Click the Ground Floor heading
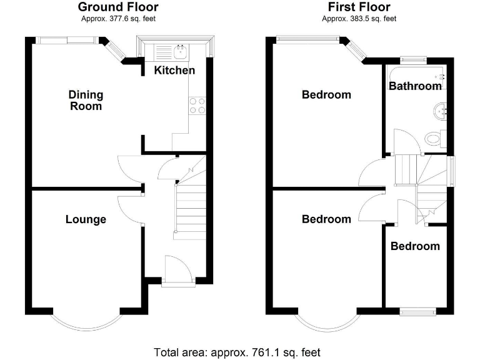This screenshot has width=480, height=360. pyautogui.click(x=117, y=7)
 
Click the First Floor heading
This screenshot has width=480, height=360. pyautogui.click(x=359, y=7)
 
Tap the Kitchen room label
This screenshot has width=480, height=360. pyautogui.click(x=174, y=71)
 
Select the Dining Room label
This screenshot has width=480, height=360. pyautogui.click(x=86, y=101)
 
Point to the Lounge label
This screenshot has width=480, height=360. pyautogui.click(x=86, y=219)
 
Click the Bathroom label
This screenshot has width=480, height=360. pyautogui.click(x=415, y=86)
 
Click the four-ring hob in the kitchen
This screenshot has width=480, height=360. pyautogui.click(x=197, y=106)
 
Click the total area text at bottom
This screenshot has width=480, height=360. pyautogui.click(x=237, y=352)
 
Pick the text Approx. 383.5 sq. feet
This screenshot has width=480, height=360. pyautogui.click(x=359, y=19)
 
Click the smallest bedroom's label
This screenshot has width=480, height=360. pyautogui.click(x=415, y=246)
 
